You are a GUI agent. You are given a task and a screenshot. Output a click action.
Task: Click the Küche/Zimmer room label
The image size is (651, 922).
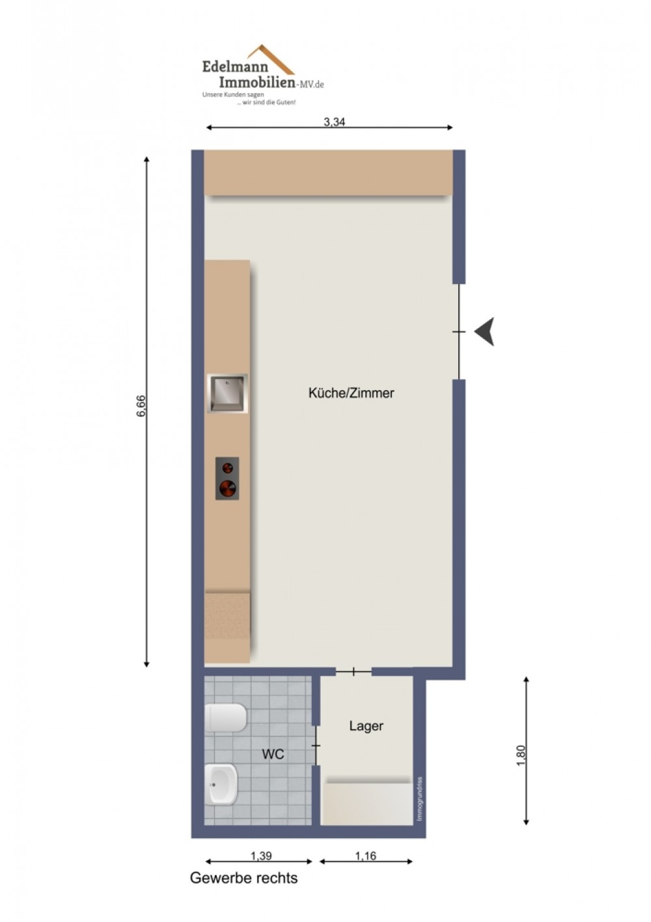click(x=351, y=393)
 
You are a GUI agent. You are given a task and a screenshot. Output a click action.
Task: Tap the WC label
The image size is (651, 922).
click(x=273, y=755)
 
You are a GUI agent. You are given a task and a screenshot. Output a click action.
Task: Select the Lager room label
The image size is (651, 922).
click(x=367, y=725)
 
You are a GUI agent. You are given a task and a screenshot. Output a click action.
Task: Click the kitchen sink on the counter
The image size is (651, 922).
click(x=227, y=393)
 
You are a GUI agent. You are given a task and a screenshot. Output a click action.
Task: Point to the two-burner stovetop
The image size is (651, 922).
click(x=227, y=479)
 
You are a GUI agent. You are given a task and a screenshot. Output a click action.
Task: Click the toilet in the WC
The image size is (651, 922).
click(x=225, y=718)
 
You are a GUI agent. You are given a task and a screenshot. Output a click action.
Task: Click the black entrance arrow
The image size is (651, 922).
click(x=484, y=332)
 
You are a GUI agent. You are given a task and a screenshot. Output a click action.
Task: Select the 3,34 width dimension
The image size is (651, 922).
click(x=334, y=122)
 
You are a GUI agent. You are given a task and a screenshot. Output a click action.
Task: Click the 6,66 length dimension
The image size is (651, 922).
click(x=141, y=406)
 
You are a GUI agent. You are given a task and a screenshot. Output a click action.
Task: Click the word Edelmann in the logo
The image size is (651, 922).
click(x=235, y=66)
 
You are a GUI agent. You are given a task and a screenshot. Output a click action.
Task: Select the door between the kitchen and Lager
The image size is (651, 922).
click(x=354, y=672)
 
